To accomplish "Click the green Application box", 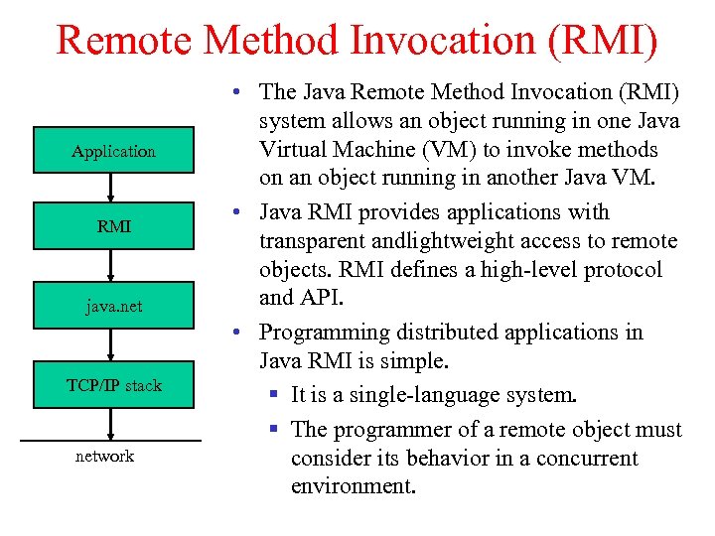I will click(113, 151).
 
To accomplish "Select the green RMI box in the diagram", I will click(113, 226).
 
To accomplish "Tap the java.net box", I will click(113, 306).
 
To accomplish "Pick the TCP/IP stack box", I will click(113, 385).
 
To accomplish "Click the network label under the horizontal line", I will click(104, 456).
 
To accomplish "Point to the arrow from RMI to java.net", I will click(112, 265).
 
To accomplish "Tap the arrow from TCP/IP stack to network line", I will click(112, 423).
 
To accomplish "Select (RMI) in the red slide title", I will click(609, 39).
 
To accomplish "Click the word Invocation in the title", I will click(458, 39).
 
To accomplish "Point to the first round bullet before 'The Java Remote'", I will click(229, 92).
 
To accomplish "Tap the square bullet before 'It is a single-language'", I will click(274, 395).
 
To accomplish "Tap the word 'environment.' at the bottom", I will click(353, 486).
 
